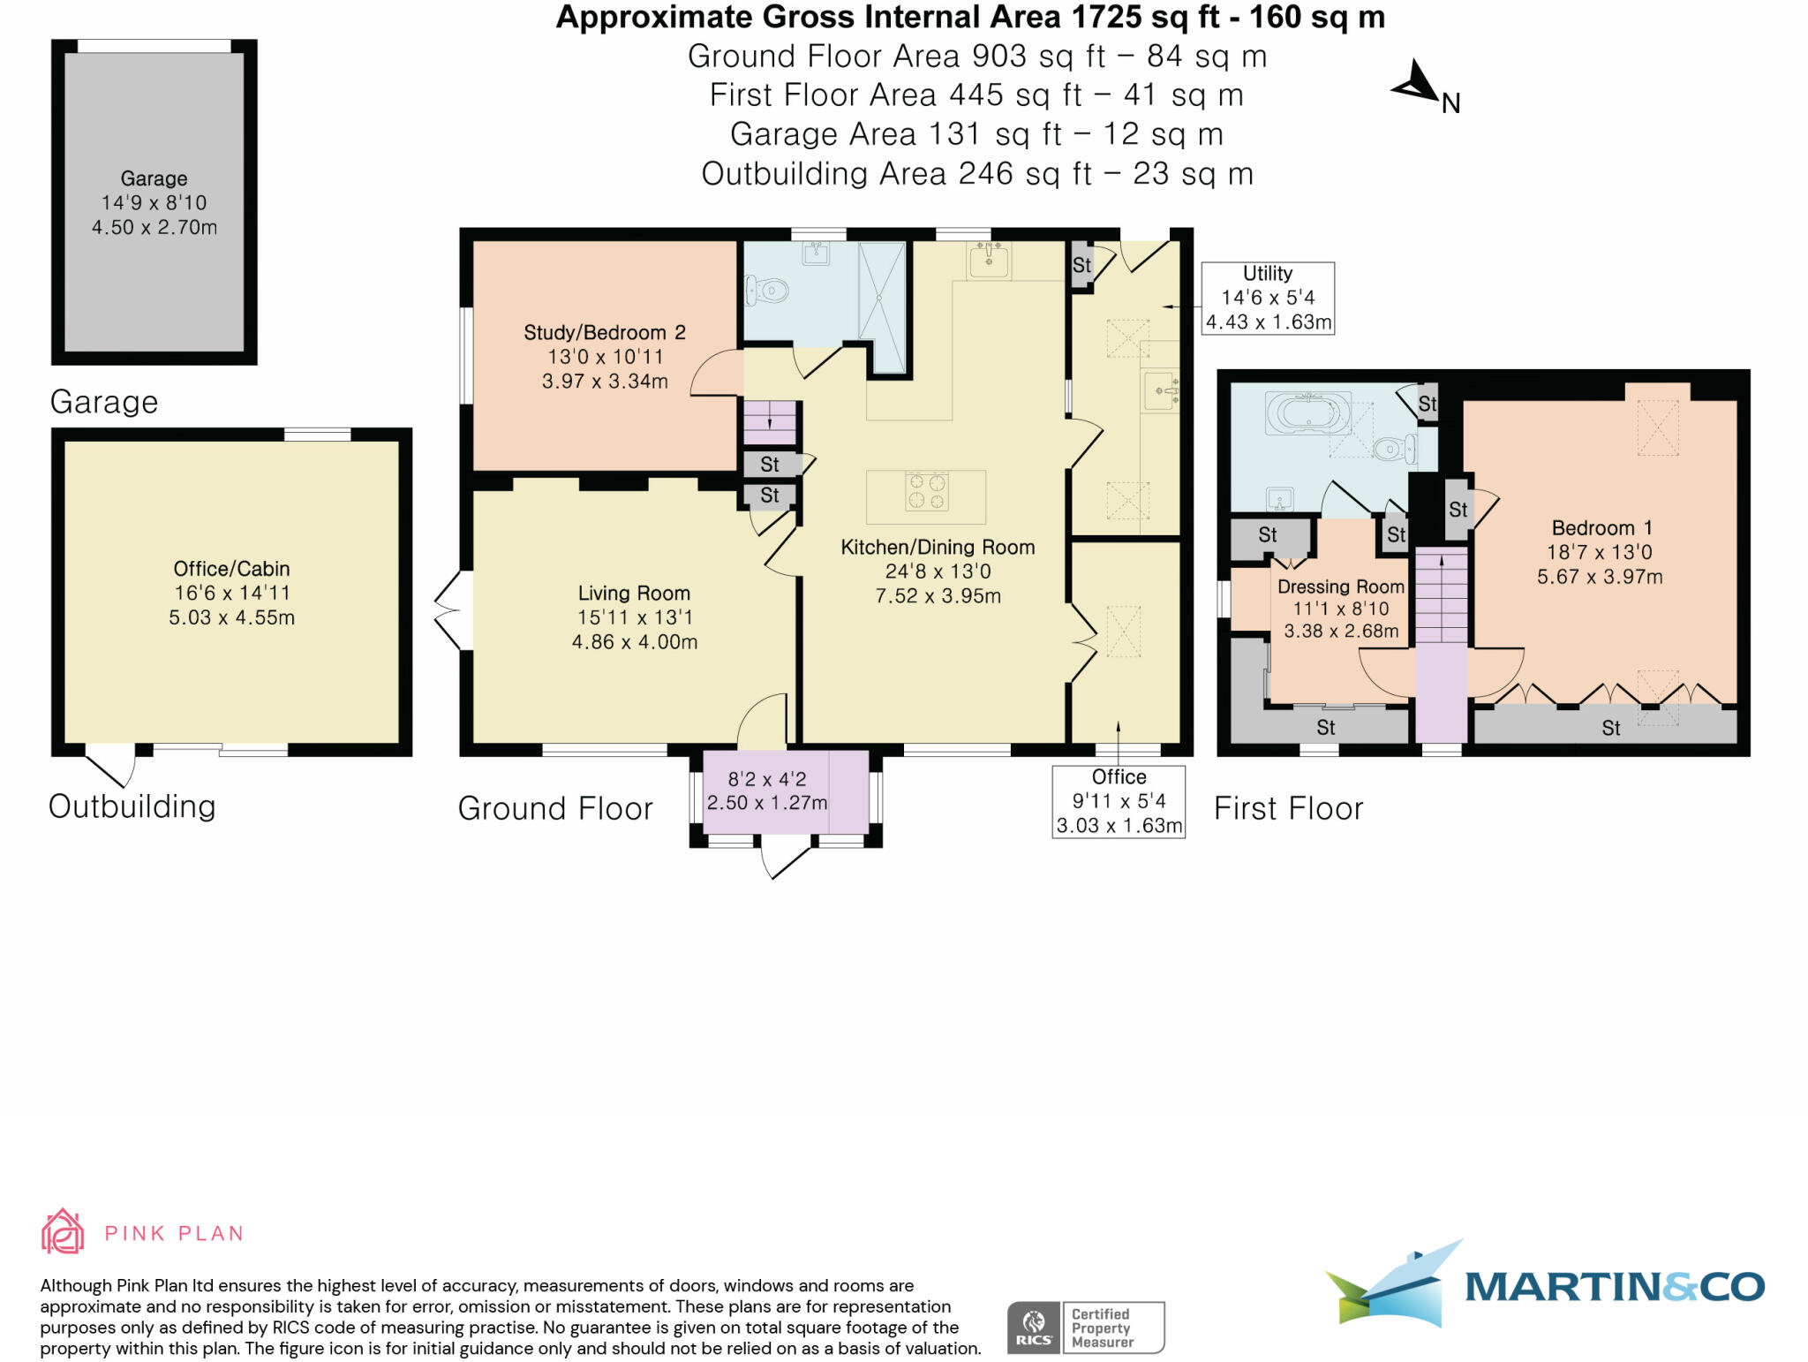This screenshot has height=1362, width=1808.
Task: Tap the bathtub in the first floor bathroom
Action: click(1308, 413)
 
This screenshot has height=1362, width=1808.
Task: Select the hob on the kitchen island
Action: click(926, 491)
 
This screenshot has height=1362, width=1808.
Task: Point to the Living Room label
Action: click(634, 594)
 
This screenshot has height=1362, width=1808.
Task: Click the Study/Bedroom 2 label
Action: click(605, 332)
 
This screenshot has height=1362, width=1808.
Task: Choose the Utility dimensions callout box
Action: click(1268, 298)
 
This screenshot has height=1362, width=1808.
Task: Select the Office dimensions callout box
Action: click(1119, 801)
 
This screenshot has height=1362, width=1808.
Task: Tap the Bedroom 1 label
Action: click(1601, 528)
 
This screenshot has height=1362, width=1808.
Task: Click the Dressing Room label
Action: click(1341, 586)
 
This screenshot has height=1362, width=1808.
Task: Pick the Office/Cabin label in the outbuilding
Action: click(231, 569)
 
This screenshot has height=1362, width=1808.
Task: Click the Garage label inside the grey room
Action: click(154, 178)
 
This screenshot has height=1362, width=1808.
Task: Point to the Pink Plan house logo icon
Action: click(63, 1231)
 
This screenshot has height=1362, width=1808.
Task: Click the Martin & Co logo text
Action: click(1615, 1286)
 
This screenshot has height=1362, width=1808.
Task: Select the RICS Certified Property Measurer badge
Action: click(1086, 1328)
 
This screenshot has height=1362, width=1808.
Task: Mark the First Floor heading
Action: click(1288, 808)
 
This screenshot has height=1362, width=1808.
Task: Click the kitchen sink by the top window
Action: click(989, 261)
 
